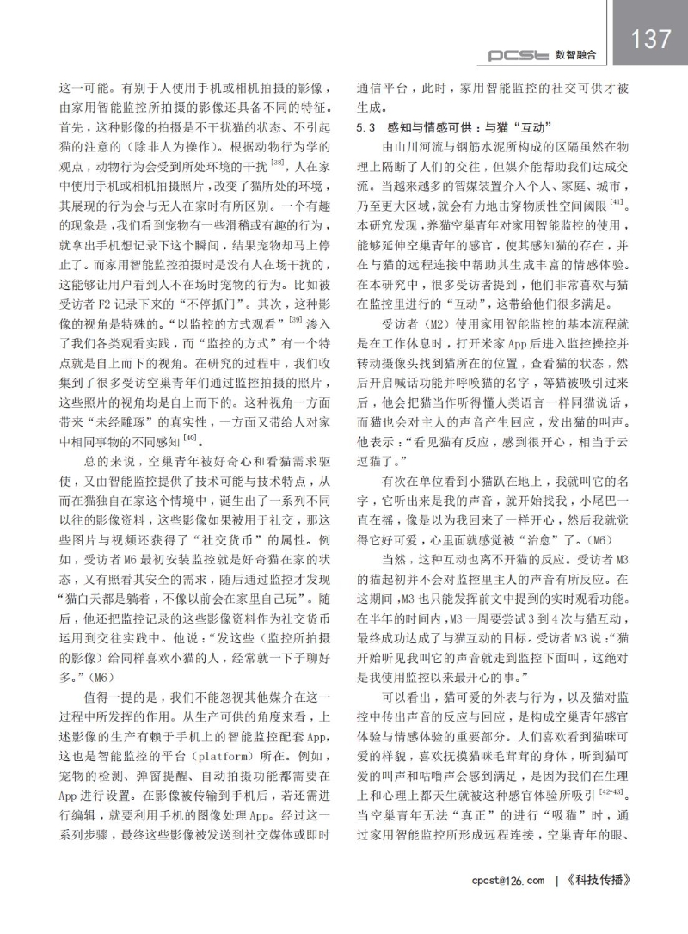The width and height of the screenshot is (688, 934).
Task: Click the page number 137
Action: (x=649, y=39)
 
